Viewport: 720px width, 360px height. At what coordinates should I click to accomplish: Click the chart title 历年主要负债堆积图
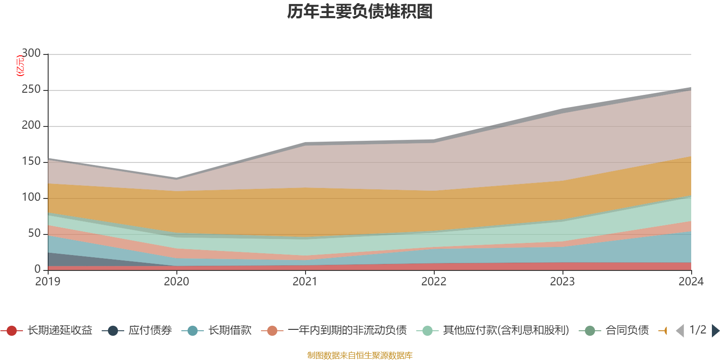pos(360,12)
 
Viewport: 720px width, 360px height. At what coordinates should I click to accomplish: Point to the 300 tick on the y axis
pos(31,54)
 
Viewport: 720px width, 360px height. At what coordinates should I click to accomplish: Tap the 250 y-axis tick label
pos(31,90)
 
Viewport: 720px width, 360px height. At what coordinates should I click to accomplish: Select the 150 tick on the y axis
pos(31,162)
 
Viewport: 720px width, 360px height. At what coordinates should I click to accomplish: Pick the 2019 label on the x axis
pos(48,282)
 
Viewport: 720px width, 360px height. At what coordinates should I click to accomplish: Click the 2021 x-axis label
pos(305,282)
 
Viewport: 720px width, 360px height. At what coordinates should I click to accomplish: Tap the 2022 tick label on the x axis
pos(434,282)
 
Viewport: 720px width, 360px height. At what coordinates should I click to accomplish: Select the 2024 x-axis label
pos(691,282)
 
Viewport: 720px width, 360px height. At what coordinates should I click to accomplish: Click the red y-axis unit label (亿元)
pos(20,66)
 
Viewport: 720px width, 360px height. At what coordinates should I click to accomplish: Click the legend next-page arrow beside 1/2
pos(715,331)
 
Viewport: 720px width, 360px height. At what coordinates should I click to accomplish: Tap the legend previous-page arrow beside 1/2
pos(680,331)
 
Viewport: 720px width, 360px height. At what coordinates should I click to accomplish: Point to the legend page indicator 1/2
pos(697,330)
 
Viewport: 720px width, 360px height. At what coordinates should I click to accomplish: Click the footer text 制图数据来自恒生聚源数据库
pos(360,355)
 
